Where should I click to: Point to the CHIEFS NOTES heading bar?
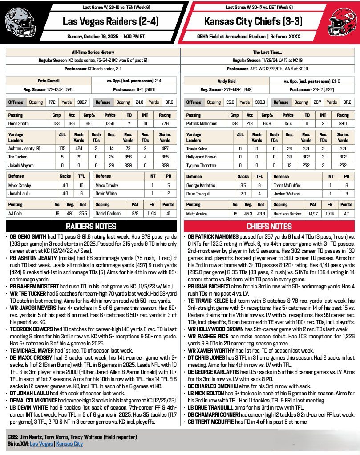click(x=269, y=227)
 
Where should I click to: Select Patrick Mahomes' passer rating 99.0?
click(x=343, y=122)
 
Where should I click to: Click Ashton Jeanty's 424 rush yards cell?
click(x=79, y=149)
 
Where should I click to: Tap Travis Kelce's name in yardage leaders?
click(x=197, y=149)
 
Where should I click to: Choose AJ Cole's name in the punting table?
click(x=16, y=213)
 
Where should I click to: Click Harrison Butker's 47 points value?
click(x=346, y=213)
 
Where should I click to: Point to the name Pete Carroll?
click(x=49, y=81)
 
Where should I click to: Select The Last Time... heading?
click(x=268, y=52)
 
